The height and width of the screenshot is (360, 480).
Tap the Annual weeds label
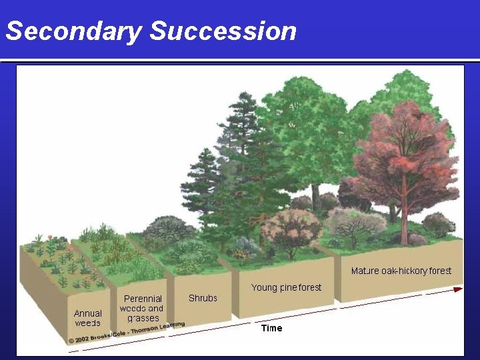tap(88, 318)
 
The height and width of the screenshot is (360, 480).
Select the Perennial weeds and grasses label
tap(141, 309)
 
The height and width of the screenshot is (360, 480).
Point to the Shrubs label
tap(203, 298)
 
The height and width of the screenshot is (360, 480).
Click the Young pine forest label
tap(286, 287)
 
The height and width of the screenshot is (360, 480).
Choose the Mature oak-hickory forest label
tap(401, 271)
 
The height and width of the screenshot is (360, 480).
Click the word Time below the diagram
tap(271, 328)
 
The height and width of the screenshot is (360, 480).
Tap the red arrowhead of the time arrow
tap(457, 289)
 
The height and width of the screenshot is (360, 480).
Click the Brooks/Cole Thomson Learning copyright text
tap(127, 333)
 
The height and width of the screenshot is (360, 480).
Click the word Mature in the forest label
tap(365, 271)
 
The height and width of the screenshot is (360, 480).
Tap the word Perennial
tap(143, 299)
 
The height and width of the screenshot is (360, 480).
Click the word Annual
tap(88, 313)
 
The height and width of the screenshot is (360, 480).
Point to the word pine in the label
tap(289, 287)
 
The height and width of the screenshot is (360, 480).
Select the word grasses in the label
tap(143, 318)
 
